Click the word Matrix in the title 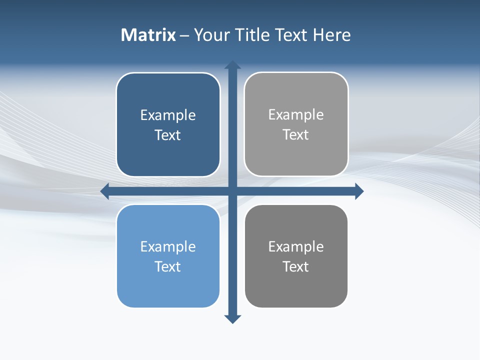[148, 35]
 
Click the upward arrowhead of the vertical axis [232, 65]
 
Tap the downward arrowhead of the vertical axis [232, 319]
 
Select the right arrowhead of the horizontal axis [359, 191]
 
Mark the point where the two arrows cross [232, 191]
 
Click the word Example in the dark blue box [168, 115]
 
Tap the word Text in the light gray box [295, 135]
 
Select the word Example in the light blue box [168, 247]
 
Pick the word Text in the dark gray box [295, 267]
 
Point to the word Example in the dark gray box [296, 247]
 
